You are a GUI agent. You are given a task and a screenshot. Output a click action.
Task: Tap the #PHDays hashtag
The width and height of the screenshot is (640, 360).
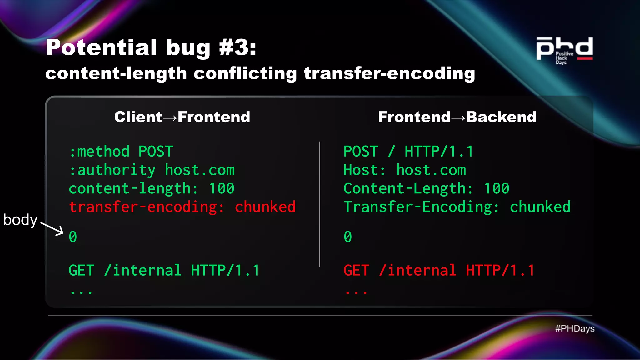pyautogui.click(x=575, y=328)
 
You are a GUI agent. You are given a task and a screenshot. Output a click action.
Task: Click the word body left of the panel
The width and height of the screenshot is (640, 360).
pyautogui.click(x=20, y=220)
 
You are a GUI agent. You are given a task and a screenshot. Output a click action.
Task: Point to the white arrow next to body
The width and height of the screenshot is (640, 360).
pyautogui.click(x=52, y=229)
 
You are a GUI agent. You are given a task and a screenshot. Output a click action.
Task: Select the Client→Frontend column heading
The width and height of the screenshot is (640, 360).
pyautogui.click(x=182, y=117)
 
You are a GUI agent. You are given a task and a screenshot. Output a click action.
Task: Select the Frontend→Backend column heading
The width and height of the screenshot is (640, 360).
pyautogui.click(x=457, y=117)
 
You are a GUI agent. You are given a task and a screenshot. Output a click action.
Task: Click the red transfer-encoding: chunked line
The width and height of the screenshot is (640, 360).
pyautogui.click(x=182, y=207)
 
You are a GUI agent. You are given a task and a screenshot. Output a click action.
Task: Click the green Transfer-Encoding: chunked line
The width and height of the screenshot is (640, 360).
pyautogui.click(x=457, y=207)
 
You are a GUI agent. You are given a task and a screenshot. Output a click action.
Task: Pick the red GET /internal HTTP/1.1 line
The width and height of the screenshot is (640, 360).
pyautogui.click(x=439, y=270)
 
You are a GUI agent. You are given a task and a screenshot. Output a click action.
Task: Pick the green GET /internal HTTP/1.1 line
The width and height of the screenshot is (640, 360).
pyautogui.click(x=164, y=270)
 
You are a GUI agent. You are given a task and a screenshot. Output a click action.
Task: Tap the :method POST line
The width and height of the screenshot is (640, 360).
pyautogui.click(x=121, y=152)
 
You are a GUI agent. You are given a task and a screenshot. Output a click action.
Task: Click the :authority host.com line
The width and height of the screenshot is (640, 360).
pyautogui.click(x=152, y=170)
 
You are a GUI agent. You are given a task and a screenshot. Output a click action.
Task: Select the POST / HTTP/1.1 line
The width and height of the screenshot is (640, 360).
pyautogui.click(x=408, y=152)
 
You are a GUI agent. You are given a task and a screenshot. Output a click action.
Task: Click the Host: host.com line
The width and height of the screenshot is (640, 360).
pyautogui.click(x=405, y=170)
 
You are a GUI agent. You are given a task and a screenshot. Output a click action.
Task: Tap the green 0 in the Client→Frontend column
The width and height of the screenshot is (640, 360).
pyautogui.click(x=73, y=237)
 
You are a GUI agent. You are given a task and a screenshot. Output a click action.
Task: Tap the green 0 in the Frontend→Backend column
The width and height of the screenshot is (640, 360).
pyautogui.click(x=348, y=237)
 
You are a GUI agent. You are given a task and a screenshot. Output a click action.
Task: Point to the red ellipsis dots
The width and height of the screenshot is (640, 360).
pyautogui.click(x=356, y=292)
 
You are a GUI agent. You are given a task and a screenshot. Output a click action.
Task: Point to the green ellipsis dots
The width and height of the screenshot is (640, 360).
pyautogui.click(x=81, y=292)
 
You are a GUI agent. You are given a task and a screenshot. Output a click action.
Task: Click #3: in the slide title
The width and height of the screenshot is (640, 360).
pyautogui.click(x=237, y=48)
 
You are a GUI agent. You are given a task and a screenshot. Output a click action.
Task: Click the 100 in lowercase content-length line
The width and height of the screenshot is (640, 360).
pyautogui.click(x=222, y=188)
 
